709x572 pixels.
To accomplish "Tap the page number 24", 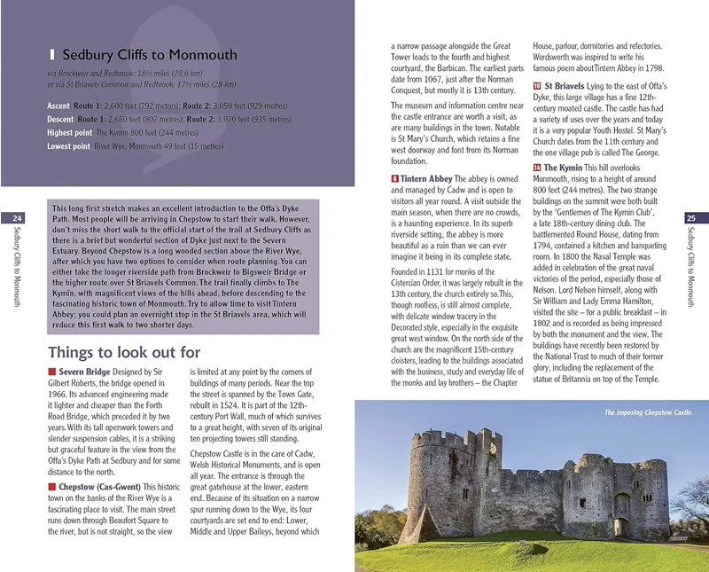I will tap(17, 218).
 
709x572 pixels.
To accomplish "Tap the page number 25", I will tap(692, 218).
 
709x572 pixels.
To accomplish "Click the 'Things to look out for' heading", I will tap(124, 352).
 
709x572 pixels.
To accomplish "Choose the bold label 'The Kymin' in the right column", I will tap(564, 168).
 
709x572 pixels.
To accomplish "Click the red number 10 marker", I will tap(537, 86).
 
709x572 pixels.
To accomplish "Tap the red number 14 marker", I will tap(537, 168).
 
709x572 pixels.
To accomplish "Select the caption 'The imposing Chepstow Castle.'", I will tap(648, 412).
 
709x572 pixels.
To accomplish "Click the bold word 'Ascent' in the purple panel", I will tap(58, 106).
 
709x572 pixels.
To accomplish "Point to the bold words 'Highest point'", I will tap(69, 132).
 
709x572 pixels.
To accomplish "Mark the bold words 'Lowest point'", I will tap(68, 145).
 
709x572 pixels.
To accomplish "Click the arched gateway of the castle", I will tap(622, 527).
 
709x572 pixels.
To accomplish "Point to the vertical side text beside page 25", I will tap(692, 266).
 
